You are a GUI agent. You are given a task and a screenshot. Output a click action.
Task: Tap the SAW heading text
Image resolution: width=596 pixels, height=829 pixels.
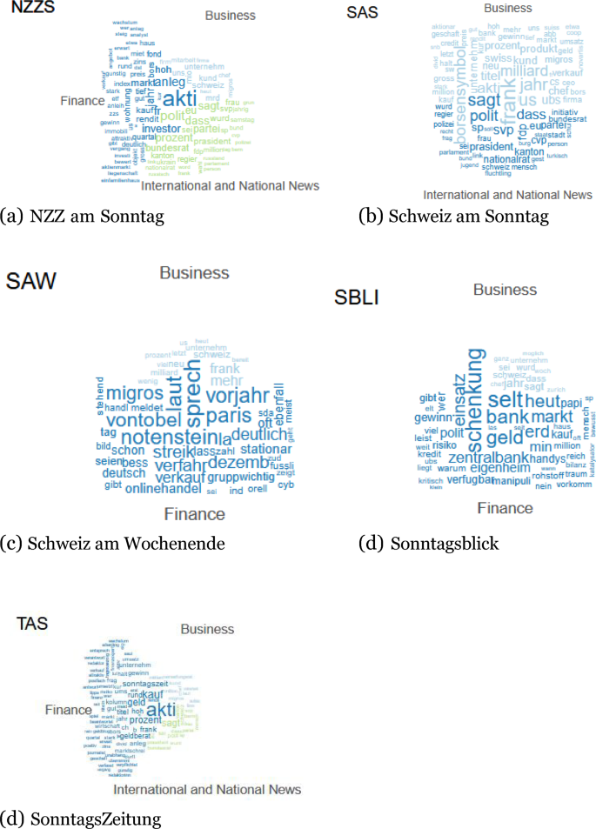click(x=31, y=281)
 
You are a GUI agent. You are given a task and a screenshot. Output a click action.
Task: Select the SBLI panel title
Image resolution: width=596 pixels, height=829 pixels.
click(x=357, y=298)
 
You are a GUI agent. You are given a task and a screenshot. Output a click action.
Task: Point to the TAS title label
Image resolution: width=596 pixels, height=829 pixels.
click(x=32, y=623)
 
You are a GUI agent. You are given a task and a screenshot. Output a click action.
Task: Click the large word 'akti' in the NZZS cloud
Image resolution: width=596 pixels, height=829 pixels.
click(x=180, y=97)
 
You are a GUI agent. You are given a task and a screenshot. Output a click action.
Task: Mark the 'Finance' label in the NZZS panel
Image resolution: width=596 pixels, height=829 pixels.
click(x=82, y=101)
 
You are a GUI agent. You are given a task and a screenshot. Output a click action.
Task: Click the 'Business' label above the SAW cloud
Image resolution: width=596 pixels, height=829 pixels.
click(x=194, y=273)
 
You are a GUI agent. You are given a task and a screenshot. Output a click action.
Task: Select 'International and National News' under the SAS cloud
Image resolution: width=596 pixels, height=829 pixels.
click(x=508, y=195)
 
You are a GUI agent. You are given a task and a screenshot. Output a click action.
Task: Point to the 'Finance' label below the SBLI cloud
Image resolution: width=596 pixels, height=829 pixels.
click(x=505, y=508)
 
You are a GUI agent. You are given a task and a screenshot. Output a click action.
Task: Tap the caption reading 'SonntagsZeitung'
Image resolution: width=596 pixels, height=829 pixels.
click(x=95, y=818)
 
